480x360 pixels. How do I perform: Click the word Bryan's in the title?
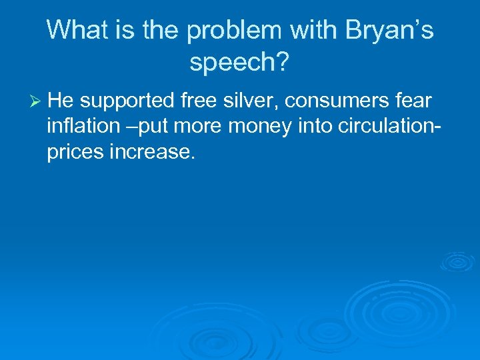389,31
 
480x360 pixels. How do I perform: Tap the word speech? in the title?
239,63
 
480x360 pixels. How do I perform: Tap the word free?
199,101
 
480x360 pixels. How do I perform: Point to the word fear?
413,101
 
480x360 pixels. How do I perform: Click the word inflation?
81,127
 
